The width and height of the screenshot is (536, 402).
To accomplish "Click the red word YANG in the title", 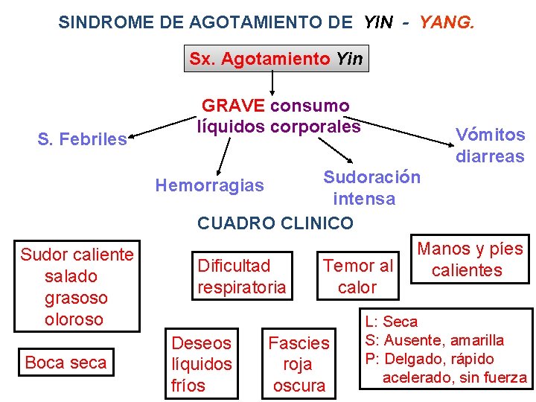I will pos(446,22).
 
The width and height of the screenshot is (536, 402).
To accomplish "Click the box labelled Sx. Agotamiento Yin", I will pos(276,59).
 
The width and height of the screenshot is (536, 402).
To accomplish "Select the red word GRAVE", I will pos(234,106).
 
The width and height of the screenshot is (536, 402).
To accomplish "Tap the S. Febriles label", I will pos(83,139).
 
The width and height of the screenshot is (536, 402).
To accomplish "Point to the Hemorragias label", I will pos(209,185).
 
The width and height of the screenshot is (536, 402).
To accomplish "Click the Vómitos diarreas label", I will pos(490,145).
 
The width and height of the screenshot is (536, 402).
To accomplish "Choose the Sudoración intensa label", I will pos(370,188).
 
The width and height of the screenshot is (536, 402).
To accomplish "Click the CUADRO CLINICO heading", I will pos(275,223).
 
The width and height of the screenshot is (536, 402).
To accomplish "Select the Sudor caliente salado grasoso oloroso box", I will pos(77,287).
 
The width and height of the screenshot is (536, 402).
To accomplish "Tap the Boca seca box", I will pos(66,363).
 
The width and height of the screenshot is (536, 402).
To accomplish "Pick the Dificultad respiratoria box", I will pos(241,276).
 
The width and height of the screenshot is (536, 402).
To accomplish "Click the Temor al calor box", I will pos(357,276).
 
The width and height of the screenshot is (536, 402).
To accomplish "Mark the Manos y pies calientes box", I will pos(469,259).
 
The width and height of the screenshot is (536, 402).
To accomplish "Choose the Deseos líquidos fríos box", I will pos(202,364).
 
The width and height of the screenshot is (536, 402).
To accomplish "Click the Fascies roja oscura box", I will pos(299,364).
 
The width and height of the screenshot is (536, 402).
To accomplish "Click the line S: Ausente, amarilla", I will pos(434,340).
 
